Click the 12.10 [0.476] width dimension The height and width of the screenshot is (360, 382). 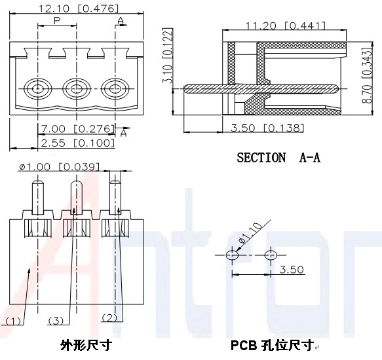coord(79,9)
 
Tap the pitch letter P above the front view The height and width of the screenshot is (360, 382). coord(57,21)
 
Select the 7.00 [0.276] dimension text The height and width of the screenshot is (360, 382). coord(77,129)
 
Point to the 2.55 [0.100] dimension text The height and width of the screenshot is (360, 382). coord(78,143)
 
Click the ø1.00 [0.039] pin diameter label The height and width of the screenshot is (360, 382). coord(60,167)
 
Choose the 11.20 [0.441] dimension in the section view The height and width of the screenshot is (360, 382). coord(285,26)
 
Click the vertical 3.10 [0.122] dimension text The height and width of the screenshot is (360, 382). coord(168,56)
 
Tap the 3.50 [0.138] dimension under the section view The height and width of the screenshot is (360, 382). coord(267,128)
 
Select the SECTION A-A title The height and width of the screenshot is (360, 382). coord(278,158)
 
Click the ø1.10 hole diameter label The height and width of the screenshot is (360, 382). coord(251,233)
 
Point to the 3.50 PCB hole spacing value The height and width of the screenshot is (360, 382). coord(292,270)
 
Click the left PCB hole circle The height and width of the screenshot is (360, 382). coord(232,255)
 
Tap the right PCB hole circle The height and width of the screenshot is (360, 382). coord(271,255)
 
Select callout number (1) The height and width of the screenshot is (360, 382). coord(13,321)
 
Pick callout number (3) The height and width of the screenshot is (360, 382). coord(56,321)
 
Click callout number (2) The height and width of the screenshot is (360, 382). coord(109,317)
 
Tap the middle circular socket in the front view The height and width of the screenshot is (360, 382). coord(77,89)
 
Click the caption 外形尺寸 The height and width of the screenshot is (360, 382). coord(86,345)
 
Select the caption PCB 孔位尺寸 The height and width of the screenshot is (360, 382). coord(272,345)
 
